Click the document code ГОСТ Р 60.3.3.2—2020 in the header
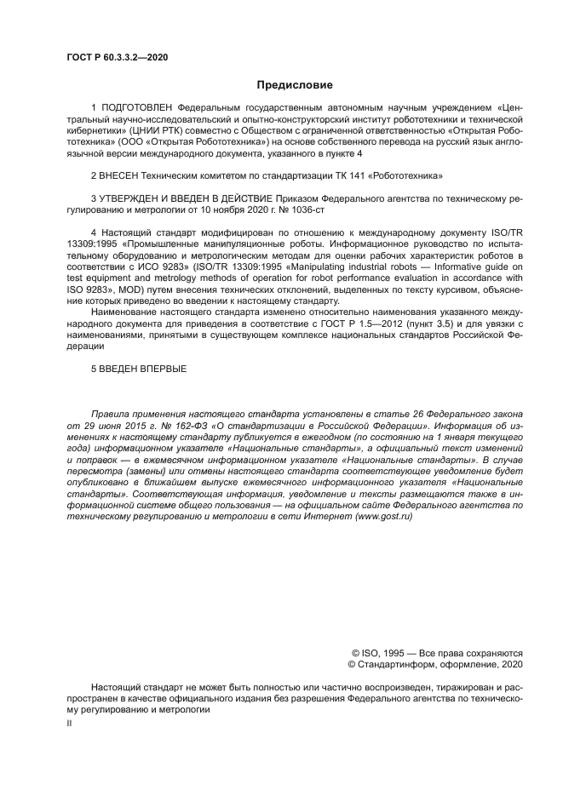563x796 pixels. click(x=117, y=57)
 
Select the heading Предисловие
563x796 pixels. click(x=294, y=85)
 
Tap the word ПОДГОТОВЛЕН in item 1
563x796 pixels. click(x=138, y=108)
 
